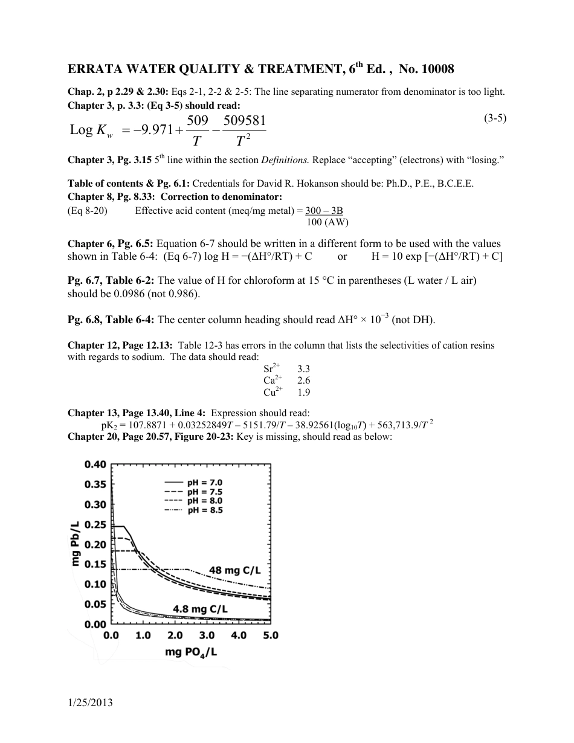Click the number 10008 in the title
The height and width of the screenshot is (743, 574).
click(x=434, y=69)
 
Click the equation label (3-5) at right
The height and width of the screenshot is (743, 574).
click(x=494, y=118)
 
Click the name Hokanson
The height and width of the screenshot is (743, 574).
click(x=314, y=184)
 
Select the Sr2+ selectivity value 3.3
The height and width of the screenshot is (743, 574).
click(x=305, y=368)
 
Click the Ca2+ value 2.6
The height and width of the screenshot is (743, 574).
click(x=305, y=380)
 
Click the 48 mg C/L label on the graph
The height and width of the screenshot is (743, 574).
click(x=239, y=570)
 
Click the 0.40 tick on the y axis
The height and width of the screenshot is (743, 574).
click(x=95, y=465)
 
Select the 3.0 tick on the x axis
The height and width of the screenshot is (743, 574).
click(x=207, y=635)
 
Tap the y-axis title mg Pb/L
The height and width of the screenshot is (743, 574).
click(x=76, y=544)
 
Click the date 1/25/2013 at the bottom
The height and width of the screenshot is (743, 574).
click(x=91, y=703)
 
